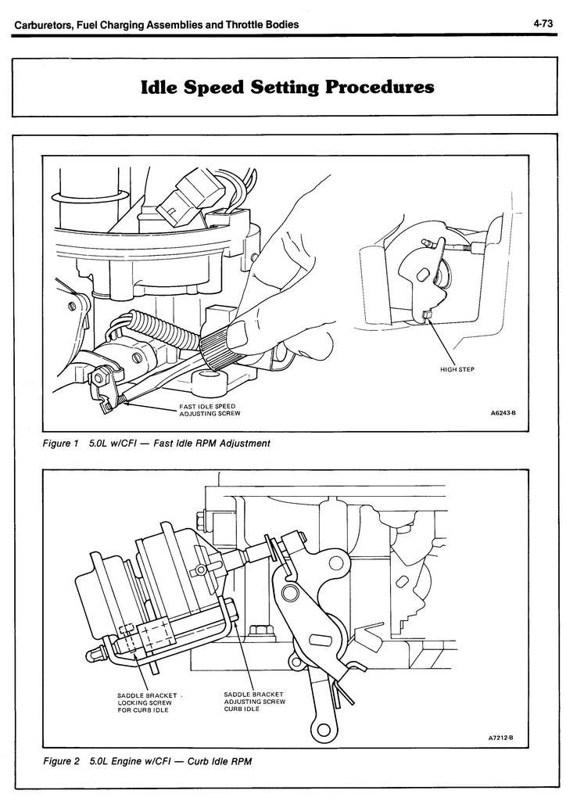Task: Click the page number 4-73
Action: coord(543,24)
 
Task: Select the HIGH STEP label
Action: coord(458,370)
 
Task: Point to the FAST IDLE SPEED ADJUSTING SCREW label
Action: coord(206,409)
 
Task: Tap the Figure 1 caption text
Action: coord(156,444)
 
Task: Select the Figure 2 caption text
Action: coord(148,761)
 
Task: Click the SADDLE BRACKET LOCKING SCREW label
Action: coord(145,702)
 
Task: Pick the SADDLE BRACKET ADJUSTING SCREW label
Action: coord(254,701)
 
